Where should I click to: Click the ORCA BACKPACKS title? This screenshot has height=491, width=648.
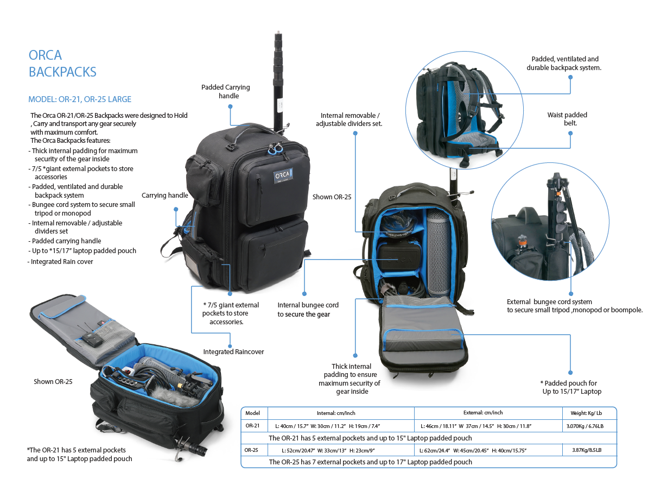pyautogui.click(x=62, y=63)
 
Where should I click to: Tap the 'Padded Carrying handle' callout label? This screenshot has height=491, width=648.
pyautogui.click(x=225, y=91)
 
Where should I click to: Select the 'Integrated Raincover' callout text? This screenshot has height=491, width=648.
pyautogui.click(x=233, y=352)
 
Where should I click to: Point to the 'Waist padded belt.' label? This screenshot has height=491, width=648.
pyautogui.click(x=567, y=119)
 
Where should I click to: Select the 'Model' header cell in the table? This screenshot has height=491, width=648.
pyautogui.click(x=253, y=413)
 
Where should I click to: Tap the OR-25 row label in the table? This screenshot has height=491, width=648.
pyautogui.click(x=251, y=450)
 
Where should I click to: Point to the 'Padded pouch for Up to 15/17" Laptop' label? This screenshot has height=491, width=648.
pyautogui.click(x=571, y=387)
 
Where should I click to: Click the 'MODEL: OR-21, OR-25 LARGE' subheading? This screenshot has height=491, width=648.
pyautogui.click(x=80, y=99)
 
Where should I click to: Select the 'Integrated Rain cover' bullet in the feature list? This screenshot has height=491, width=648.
pyautogui.click(x=62, y=262)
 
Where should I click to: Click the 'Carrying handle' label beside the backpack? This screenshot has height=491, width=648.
pyautogui.click(x=165, y=196)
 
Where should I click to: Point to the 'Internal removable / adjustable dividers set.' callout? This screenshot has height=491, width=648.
pyautogui.click(x=350, y=119)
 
